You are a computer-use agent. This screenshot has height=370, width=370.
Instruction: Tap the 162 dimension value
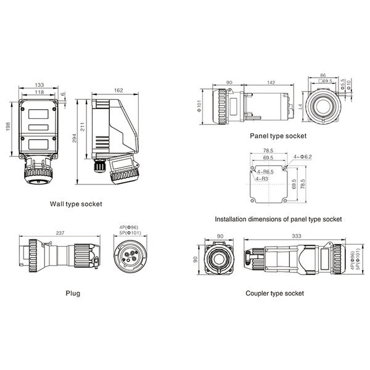click(x=118, y=90)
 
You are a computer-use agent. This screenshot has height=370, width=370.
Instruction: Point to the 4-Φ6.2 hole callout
click(x=304, y=157)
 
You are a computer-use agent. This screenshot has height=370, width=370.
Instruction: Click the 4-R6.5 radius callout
click(x=266, y=173)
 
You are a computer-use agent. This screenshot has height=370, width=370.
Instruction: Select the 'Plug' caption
click(x=73, y=294)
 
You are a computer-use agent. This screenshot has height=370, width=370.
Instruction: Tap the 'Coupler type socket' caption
click(x=274, y=294)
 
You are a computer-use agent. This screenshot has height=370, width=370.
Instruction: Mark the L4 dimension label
click(x=300, y=107)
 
